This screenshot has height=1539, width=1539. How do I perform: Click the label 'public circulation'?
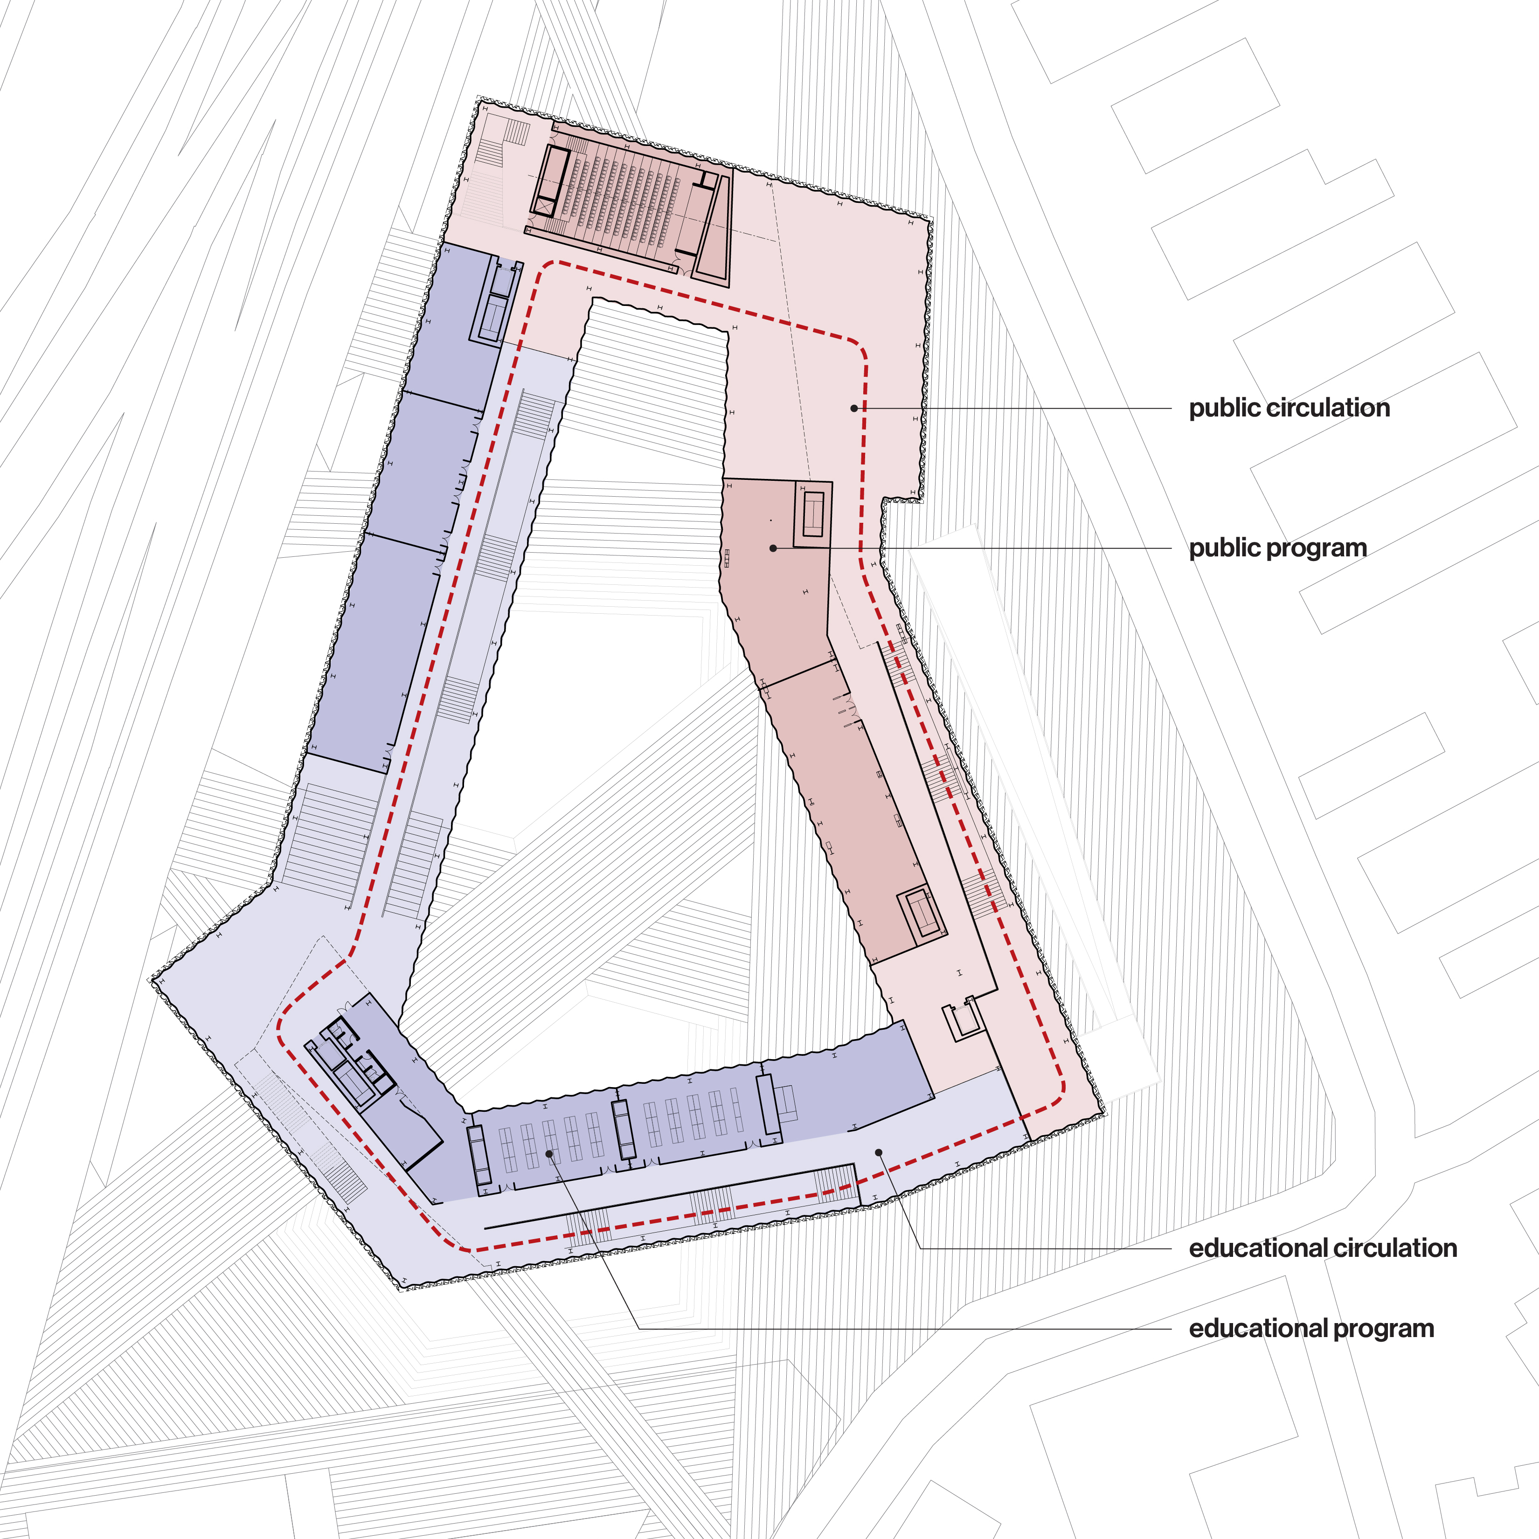pos(1289,408)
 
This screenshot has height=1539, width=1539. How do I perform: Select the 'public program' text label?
pos(1278,548)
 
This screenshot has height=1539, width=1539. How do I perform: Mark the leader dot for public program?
pos(773,548)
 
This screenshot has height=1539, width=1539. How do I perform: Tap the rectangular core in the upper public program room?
pos(812,514)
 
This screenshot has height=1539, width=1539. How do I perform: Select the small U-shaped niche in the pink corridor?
pos(962,1019)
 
